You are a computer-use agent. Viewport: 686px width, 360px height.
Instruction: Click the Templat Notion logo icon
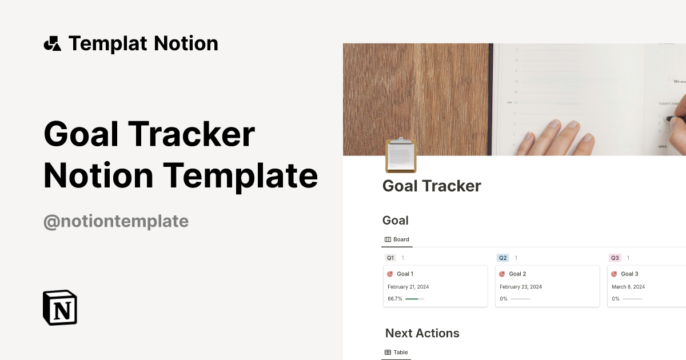pos(52,43)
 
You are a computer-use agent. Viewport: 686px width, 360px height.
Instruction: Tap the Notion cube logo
pos(60,307)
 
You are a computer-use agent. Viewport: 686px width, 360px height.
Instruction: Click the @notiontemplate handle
pos(116,221)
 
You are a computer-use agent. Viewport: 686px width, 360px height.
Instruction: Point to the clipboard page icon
pos(401,155)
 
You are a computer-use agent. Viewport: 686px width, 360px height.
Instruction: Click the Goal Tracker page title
pos(432,186)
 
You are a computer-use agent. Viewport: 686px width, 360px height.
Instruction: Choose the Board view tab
pos(397,239)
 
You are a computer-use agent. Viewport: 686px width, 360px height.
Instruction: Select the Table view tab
pos(397,352)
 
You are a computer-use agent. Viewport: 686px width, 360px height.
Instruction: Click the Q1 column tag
pos(390,258)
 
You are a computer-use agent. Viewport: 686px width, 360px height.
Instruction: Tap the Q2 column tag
pos(502,258)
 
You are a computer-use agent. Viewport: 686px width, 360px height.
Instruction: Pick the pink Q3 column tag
pos(615,258)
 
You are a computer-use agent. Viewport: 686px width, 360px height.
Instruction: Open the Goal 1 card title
pos(405,274)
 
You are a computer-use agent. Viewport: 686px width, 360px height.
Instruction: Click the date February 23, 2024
pos(520,287)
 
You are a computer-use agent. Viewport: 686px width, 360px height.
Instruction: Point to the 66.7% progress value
pos(394,299)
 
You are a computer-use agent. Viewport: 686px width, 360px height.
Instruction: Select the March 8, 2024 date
pos(628,287)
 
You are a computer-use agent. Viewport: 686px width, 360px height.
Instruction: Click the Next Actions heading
pos(422,333)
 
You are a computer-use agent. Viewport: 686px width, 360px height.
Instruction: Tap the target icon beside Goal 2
pos(502,274)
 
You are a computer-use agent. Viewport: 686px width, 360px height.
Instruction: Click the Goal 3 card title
pos(629,274)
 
